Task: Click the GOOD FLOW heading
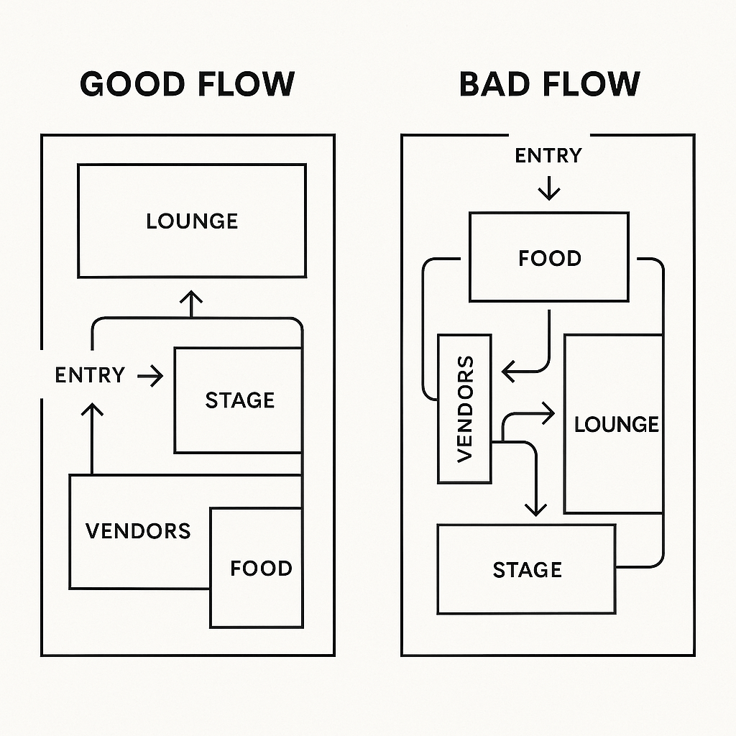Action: click(x=187, y=84)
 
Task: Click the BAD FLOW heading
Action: click(x=549, y=84)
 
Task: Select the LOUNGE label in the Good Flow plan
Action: click(x=192, y=221)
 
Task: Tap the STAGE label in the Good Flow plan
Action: click(x=240, y=400)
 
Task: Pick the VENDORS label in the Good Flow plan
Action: click(x=138, y=531)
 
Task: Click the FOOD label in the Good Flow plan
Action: click(x=261, y=569)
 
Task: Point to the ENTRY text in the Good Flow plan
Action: click(x=90, y=375)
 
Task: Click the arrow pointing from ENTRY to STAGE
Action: click(x=151, y=375)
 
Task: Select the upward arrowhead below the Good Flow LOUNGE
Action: click(x=191, y=298)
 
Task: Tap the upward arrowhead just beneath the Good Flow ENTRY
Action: click(x=92, y=411)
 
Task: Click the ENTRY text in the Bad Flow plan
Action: click(x=548, y=155)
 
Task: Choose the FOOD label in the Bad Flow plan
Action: click(x=549, y=258)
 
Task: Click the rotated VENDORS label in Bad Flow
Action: click(x=465, y=408)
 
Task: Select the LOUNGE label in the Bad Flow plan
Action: click(x=616, y=424)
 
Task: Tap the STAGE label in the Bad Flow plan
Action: click(x=527, y=570)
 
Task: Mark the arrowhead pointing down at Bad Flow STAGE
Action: click(x=535, y=507)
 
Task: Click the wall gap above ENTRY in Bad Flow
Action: click(x=549, y=134)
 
